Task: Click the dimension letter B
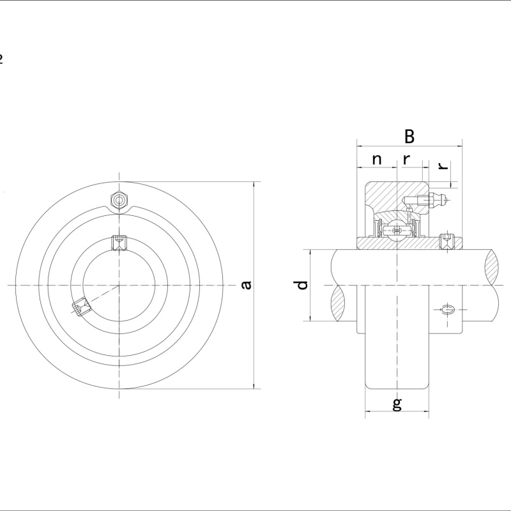click(x=409, y=137)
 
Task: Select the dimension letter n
click(x=377, y=160)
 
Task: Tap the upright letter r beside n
click(x=406, y=160)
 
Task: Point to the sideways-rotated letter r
click(x=443, y=165)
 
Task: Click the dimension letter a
click(x=247, y=285)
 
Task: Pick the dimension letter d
click(x=302, y=285)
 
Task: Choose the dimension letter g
click(x=397, y=404)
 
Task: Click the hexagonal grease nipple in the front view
click(x=119, y=200)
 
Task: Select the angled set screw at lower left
click(x=81, y=307)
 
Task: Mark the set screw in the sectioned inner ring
click(x=447, y=241)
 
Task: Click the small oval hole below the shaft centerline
click(x=448, y=309)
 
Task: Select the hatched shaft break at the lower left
click(x=338, y=303)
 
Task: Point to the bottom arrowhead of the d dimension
click(x=310, y=319)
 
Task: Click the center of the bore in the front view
click(x=119, y=285)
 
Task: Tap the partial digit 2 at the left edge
click(x=1, y=59)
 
